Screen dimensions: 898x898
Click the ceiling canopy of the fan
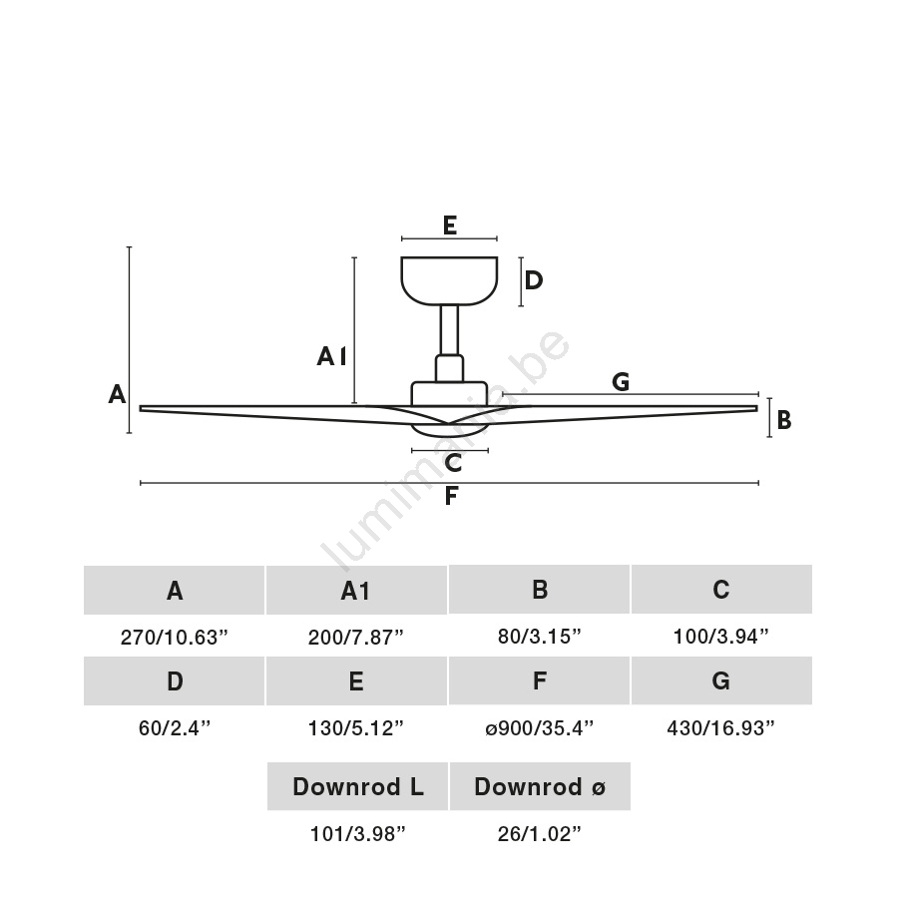tap(449, 279)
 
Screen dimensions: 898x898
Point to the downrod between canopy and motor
tap(449, 330)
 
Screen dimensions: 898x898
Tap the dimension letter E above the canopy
tap(450, 225)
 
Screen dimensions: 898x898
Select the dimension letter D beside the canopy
tap(534, 280)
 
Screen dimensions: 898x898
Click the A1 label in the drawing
tap(331, 356)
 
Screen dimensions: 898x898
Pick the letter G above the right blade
tap(621, 381)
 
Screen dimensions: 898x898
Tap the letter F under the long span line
tap(451, 496)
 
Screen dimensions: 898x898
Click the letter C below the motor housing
tap(453, 463)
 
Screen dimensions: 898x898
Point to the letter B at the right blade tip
tap(784, 420)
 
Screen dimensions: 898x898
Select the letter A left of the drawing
tap(117, 395)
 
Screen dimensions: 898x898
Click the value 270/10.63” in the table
tap(175, 638)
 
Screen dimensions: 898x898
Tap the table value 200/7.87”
tap(356, 638)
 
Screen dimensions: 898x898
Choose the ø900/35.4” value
tap(539, 728)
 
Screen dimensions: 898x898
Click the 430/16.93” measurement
tap(720, 728)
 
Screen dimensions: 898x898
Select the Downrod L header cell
tap(357, 786)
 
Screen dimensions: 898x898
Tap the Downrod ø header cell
tap(539, 786)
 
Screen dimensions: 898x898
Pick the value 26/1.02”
tap(539, 834)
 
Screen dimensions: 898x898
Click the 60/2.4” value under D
tap(175, 728)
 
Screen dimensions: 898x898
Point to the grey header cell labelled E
tap(356, 681)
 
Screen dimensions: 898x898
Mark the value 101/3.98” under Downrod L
tap(357, 834)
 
